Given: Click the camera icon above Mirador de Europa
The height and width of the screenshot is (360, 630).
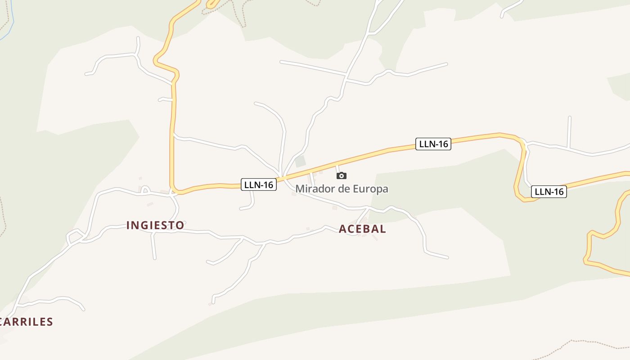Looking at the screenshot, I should click(342, 175).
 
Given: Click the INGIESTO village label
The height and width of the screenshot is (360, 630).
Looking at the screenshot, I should click(155, 225).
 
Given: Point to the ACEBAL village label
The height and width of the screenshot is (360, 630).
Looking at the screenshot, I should click(362, 229).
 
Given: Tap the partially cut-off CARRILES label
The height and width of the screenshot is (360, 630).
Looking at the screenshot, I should click(26, 322).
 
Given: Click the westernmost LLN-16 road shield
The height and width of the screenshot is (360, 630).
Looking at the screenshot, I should click(259, 184).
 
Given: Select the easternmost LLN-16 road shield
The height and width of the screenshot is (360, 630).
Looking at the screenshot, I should click(549, 192).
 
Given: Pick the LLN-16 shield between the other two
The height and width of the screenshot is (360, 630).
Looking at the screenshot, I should click(433, 144).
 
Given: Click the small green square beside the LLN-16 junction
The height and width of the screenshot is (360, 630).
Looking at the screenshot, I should click(300, 161).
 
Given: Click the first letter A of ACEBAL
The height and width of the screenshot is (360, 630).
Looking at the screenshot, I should click(342, 229).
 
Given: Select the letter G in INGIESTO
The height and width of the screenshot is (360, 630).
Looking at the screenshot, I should click(143, 225).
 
